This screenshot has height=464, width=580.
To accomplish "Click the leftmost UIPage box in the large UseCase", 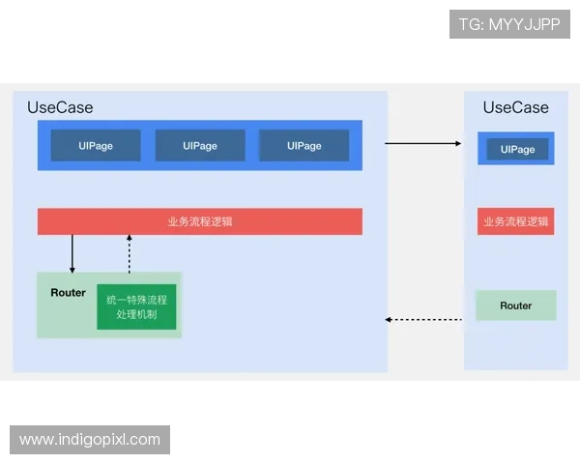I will pos(96,146).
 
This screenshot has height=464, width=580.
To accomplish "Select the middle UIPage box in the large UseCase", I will pos(200,146).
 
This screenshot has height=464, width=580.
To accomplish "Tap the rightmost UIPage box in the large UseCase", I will pos(304,146).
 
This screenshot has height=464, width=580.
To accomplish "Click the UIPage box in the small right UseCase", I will pos(517,150).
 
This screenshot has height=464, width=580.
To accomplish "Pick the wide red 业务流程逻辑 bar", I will pos(200,221).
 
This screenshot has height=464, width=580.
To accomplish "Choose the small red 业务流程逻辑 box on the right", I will pos(516,221).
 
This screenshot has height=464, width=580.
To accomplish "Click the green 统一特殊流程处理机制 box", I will pos(136,306).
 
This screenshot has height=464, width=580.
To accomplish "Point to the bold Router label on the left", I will pos(68,293).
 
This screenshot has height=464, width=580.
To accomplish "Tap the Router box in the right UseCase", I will pos(516,305).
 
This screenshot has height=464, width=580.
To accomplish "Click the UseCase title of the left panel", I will pos(60,107).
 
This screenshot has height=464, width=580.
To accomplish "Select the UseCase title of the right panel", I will pos(515,107).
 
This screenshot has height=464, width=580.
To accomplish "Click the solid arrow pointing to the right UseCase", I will pos(423,143).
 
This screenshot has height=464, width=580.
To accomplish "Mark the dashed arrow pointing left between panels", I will pos(423,319).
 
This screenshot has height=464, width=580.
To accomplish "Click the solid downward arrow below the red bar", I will pos(72,253).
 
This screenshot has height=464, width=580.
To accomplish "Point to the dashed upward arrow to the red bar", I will pos(129,253).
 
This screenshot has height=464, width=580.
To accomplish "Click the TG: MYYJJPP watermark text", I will pos(509,24).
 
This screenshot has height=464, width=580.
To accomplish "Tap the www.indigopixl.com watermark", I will pos(89,440).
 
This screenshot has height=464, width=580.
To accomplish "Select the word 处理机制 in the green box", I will pos(136,315).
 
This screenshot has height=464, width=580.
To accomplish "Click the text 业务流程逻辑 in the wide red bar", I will pos(200,221).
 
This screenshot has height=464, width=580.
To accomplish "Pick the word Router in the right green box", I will pos(516,305).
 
